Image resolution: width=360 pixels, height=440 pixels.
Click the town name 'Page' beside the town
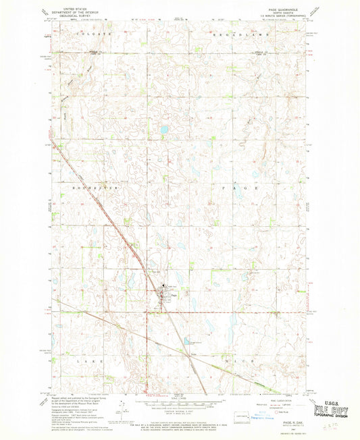[x=174, y=295]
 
